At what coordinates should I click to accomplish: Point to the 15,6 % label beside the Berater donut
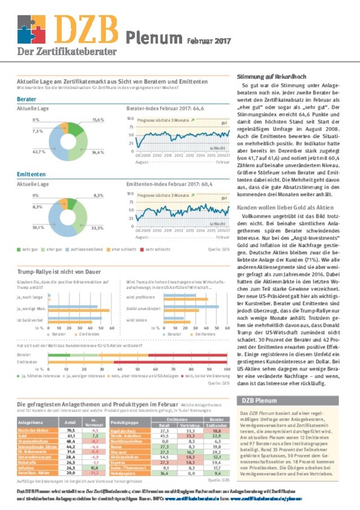[98, 120]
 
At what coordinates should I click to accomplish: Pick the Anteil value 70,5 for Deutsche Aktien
[71, 430]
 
